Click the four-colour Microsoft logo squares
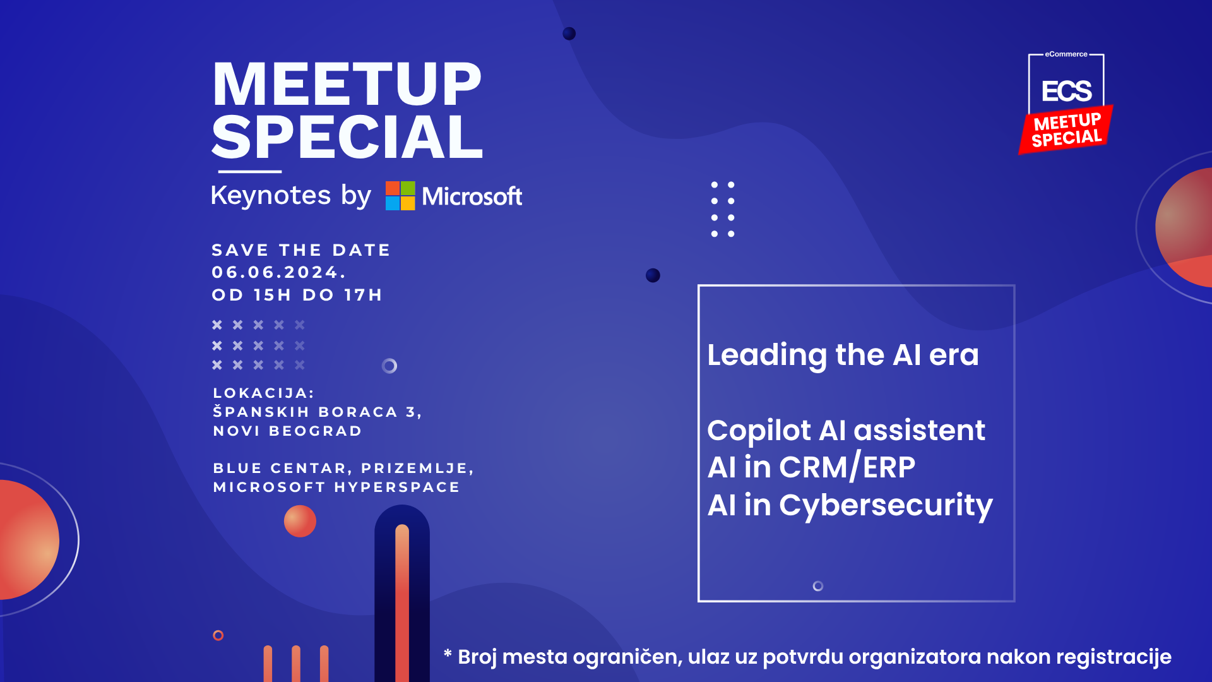click(400, 196)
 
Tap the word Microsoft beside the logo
click(472, 196)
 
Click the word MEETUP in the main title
click(347, 84)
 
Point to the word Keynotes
click(271, 195)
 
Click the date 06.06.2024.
click(279, 272)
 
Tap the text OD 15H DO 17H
click(297, 295)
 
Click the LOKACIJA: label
click(264, 393)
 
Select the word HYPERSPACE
click(397, 487)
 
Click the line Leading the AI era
click(843, 355)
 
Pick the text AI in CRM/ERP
click(811, 467)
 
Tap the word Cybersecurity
click(886, 506)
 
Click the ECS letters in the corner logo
click(1066, 92)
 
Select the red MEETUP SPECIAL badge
click(1066, 129)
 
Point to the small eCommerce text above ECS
click(1066, 54)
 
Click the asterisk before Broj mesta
click(448, 654)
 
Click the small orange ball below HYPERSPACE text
click(300, 521)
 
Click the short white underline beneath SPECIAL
click(250, 171)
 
